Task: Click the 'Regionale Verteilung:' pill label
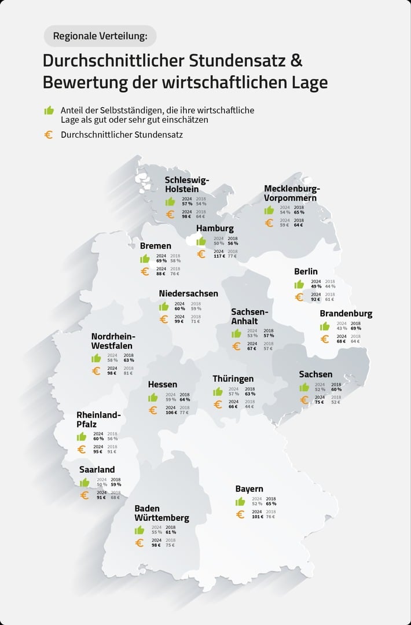[x=100, y=36]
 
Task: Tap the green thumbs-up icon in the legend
[x=49, y=110]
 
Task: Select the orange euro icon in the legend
[x=49, y=135]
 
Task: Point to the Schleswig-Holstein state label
[x=186, y=184]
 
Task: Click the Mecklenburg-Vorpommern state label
[x=292, y=193]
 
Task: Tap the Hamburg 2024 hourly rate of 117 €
[x=219, y=256]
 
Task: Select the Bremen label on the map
[x=155, y=246]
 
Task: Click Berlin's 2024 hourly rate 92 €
[x=316, y=300]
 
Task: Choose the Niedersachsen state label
[x=188, y=293]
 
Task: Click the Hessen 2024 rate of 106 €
[x=171, y=413]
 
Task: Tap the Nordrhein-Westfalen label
[x=113, y=341]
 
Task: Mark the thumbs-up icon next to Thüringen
[x=218, y=392]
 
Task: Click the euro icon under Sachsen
[x=304, y=399]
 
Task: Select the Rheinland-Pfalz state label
[x=98, y=420]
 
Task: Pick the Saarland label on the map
[x=97, y=469]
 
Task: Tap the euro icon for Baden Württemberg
[x=139, y=543]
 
